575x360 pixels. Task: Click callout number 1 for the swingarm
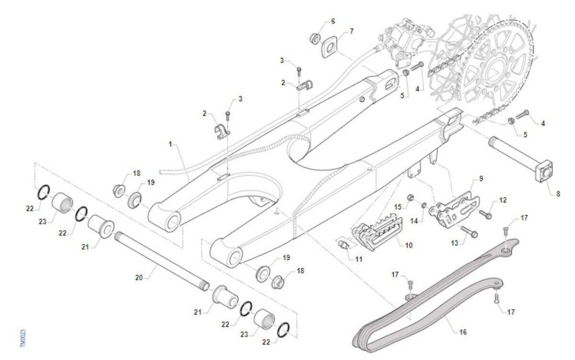170,144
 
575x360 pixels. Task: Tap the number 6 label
333,22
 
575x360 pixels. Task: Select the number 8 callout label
558,194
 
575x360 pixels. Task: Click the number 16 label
463,332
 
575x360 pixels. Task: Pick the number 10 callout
409,245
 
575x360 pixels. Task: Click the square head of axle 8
545,173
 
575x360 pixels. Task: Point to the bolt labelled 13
470,233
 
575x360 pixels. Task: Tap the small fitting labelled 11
344,245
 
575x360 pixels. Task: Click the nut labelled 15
411,198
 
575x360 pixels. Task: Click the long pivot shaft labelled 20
161,259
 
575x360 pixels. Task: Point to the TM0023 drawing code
23,337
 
